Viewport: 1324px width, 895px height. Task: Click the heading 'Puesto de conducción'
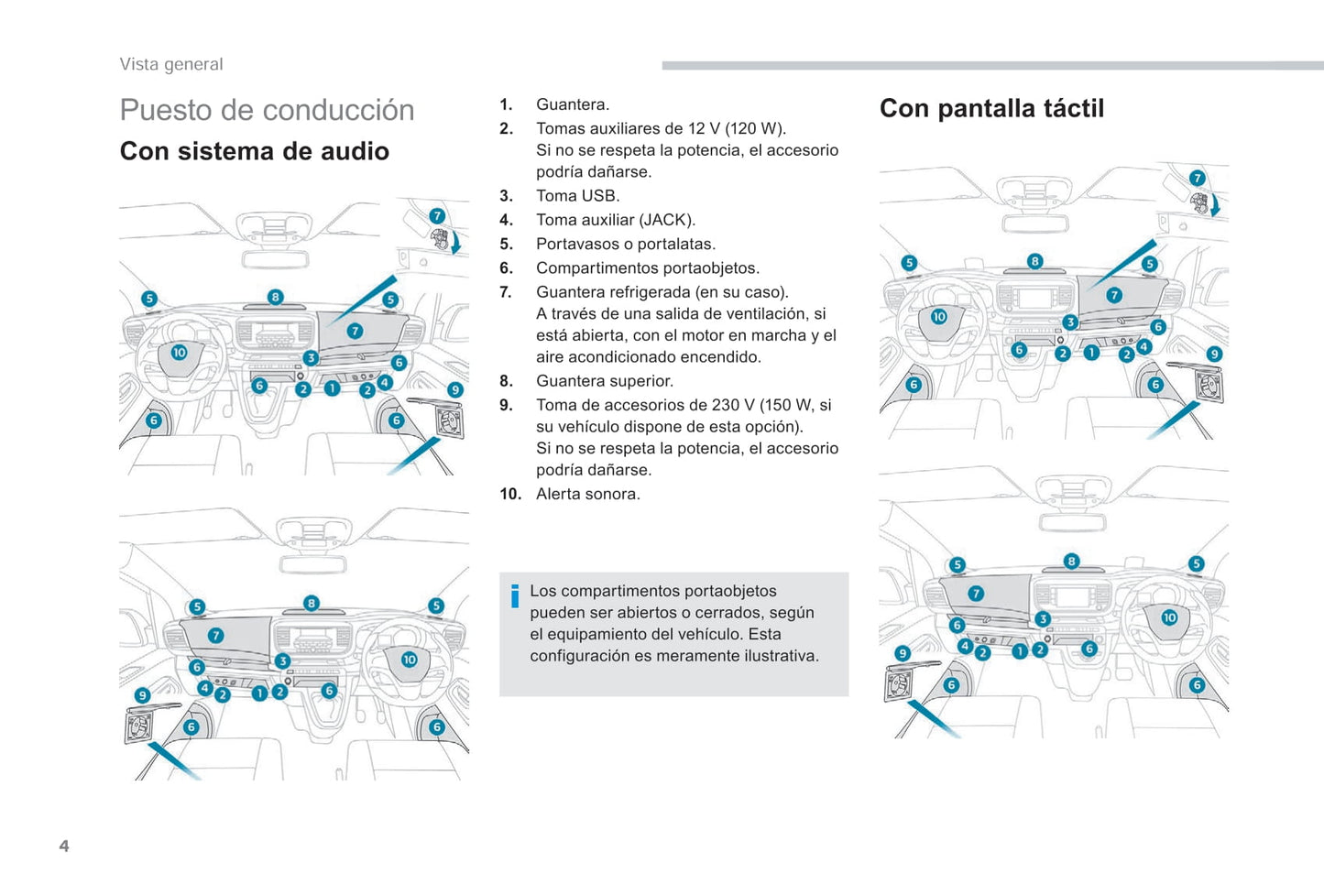(x=267, y=110)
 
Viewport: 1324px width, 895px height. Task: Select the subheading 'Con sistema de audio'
(x=254, y=151)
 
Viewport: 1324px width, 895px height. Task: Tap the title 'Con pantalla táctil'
(x=991, y=108)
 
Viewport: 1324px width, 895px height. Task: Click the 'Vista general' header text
(x=171, y=64)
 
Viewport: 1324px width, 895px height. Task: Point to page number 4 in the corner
(x=64, y=846)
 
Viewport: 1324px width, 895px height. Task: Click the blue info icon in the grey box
(x=515, y=595)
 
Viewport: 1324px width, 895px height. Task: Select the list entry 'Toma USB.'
(x=577, y=195)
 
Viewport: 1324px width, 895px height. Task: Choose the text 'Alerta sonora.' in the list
(x=587, y=494)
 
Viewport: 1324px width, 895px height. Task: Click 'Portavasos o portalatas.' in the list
(x=625, y=244)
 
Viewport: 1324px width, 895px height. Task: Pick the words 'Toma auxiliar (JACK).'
(x=615, y=220)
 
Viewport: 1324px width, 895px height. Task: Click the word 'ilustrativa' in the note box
(x=778, y=656)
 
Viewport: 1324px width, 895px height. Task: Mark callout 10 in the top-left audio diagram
(x=179, y=353)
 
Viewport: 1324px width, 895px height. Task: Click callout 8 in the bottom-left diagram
(x=312, y=603)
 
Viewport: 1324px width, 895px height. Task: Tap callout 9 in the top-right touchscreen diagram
(x=1214, y=354)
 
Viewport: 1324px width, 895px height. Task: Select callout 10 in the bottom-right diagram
(x=1169, y=617)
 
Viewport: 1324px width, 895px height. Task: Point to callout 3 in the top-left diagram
(x=311, y=358)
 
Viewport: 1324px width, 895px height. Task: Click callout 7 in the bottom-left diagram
(x=215, y=636)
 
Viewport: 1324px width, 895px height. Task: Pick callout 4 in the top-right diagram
(x=1143, y=347)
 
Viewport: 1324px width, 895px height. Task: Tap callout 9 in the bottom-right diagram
(x=903, y=653)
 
